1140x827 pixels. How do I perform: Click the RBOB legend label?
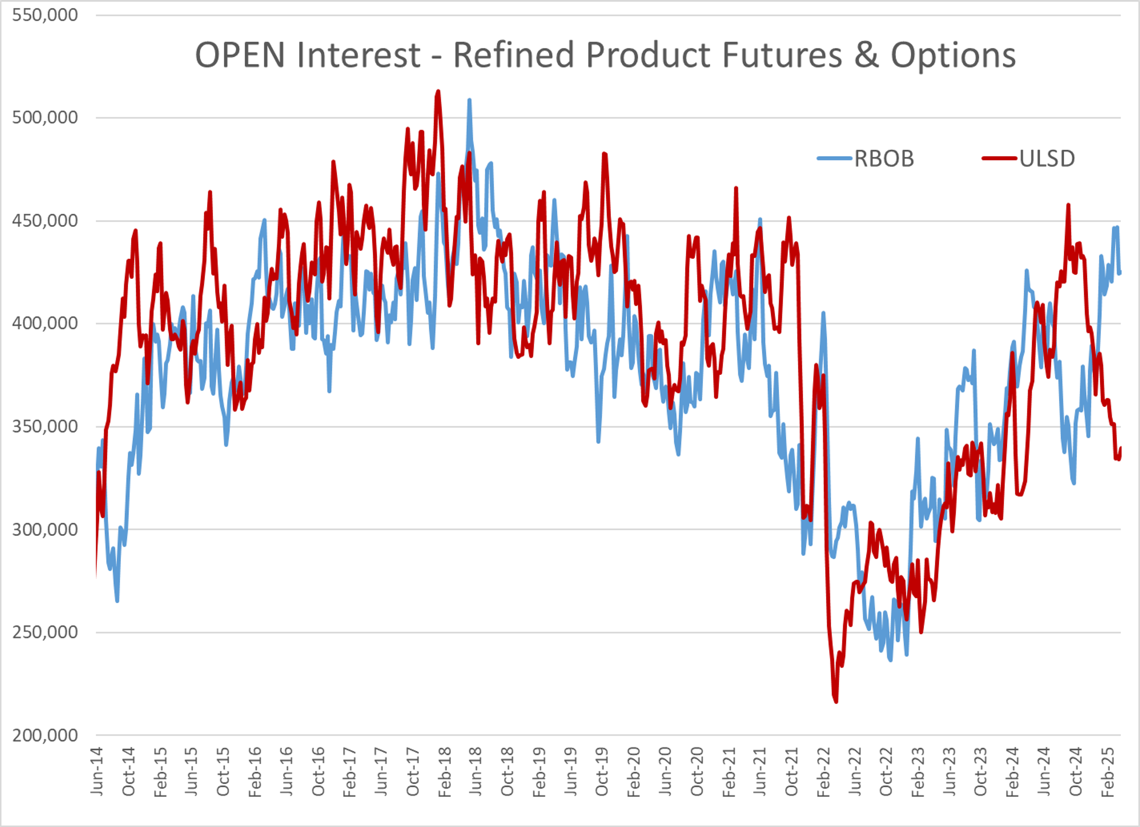(884, 159)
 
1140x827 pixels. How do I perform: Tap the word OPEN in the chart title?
(240, 55)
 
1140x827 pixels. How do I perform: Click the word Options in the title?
(953, 55)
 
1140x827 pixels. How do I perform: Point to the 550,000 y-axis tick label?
(45, 15)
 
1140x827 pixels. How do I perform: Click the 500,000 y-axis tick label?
(45, 118)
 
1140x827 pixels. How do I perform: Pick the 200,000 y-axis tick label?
(45, 736)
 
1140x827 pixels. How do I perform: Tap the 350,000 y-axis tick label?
(45, 426)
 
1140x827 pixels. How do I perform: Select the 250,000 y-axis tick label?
(45, 633)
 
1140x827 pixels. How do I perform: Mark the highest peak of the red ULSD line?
(438, 91)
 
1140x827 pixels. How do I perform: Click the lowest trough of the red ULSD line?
(836, 702)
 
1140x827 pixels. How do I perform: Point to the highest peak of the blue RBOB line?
(469, 100)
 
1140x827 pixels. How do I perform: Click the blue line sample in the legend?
(835, 159)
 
